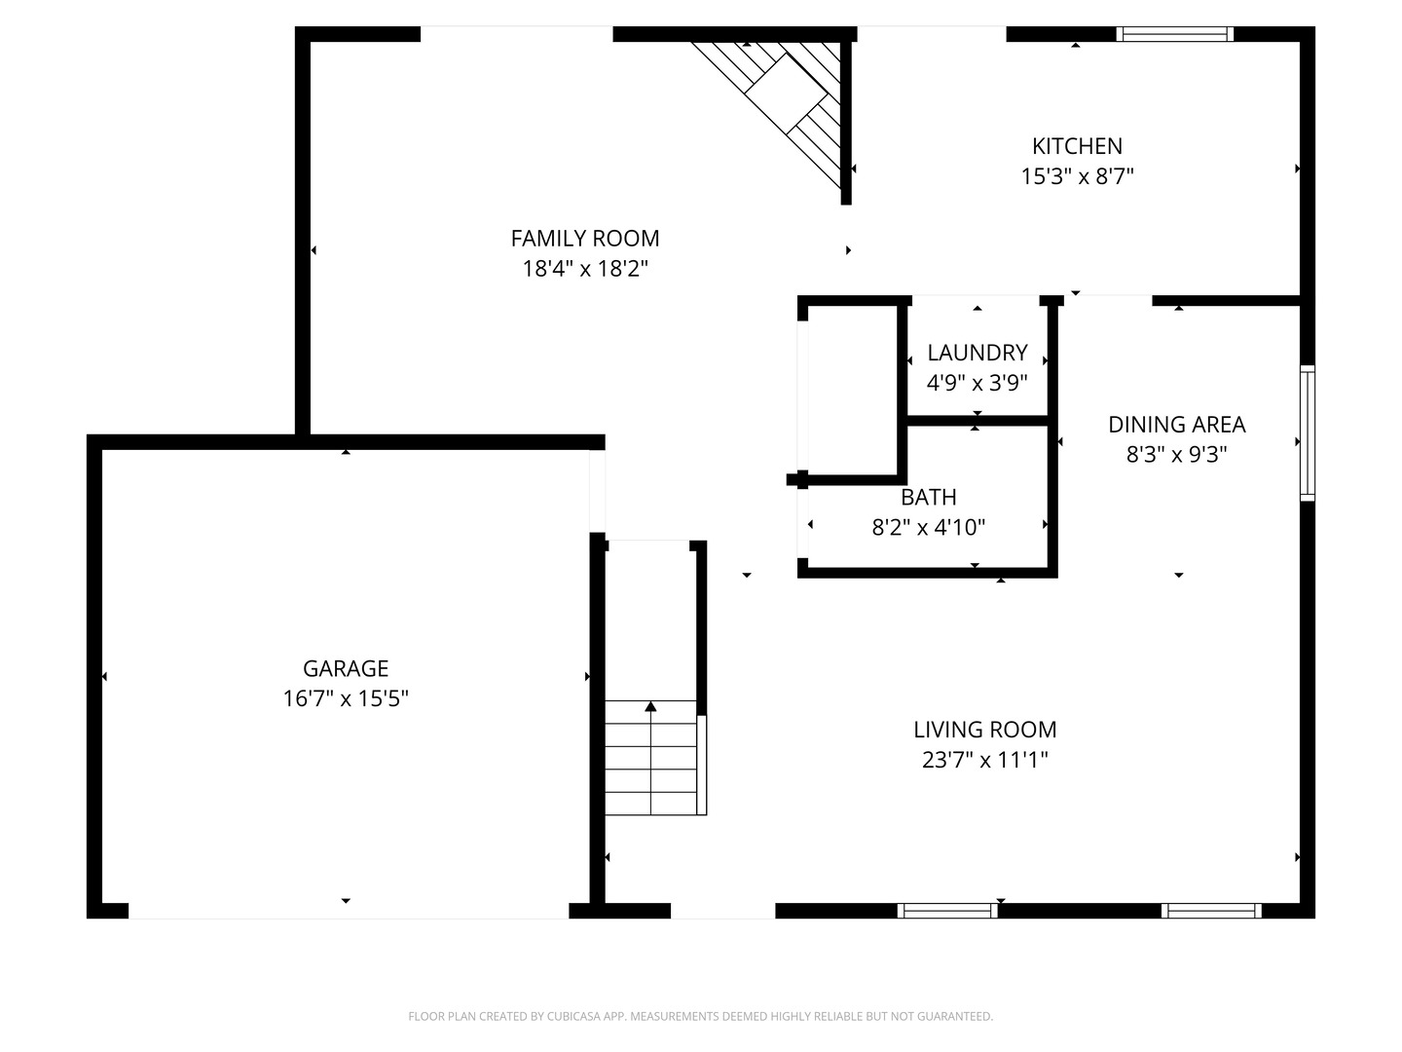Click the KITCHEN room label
tap(1077, 146)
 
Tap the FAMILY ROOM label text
tap(585, 239)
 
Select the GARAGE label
tap(346, 668)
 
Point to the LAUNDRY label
tap(977, 353)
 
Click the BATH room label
tap(928, 498)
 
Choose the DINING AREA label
tap(1176, 425)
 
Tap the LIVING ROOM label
tap(984, 730)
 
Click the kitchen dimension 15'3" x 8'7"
tap(1077, 176)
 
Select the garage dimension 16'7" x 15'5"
tap(346, 698)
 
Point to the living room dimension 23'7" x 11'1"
tap(984, 760)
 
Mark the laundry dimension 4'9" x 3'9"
tap(977, 383)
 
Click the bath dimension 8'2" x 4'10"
tap(928, 528)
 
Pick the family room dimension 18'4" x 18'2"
tap(585, 269)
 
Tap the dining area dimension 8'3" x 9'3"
tap(1176, 455)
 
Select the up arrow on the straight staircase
tap(650, 708)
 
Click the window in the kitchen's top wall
tap(1174, 34)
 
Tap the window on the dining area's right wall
tap(1307, 433)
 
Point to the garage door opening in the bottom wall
tap(348, 912)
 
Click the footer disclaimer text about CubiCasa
tap(700, 1016)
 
